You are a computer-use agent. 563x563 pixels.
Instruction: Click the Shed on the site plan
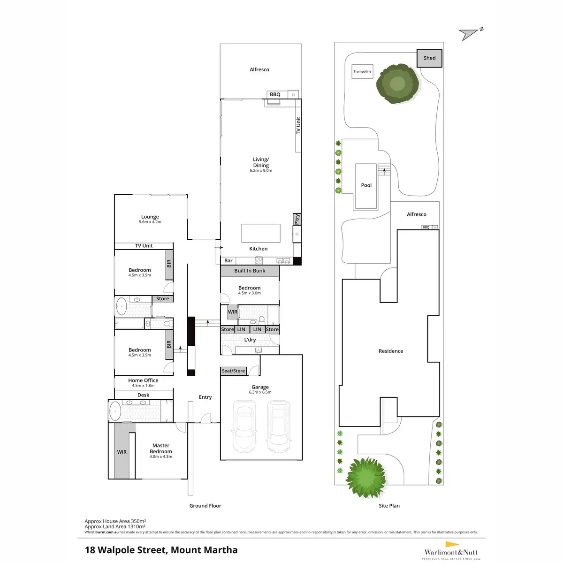tap(429, 58)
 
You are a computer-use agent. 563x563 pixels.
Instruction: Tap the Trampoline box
tap(362, 72)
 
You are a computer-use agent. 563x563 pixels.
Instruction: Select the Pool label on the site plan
tap(366, 185)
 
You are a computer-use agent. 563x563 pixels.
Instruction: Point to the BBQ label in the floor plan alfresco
tap(275, 95)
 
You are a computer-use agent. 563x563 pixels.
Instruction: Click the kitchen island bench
tap(261, 233)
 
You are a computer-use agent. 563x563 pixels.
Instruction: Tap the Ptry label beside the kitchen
tap(297, 219)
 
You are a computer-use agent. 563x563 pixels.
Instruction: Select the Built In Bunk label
tap(250, 271)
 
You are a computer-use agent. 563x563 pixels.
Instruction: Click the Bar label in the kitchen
tap(228, 260)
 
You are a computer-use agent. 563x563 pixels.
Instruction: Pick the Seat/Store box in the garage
tap(234, 371)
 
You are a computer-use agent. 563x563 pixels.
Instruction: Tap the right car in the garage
tap(278, 425)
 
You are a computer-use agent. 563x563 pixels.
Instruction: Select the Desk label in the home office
tap(144, 395)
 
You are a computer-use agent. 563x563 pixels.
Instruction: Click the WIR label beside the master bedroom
tap(122, 452)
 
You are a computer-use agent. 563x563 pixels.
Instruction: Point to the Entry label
tap(205, 397)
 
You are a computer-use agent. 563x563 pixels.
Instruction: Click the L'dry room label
tap(250, 340)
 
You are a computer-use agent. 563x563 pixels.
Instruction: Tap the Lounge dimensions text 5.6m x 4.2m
tap(150, 222)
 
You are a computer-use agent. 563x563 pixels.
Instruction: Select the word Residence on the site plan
tap(391, 351)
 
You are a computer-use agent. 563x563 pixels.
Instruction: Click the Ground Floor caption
tap(205, 506)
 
